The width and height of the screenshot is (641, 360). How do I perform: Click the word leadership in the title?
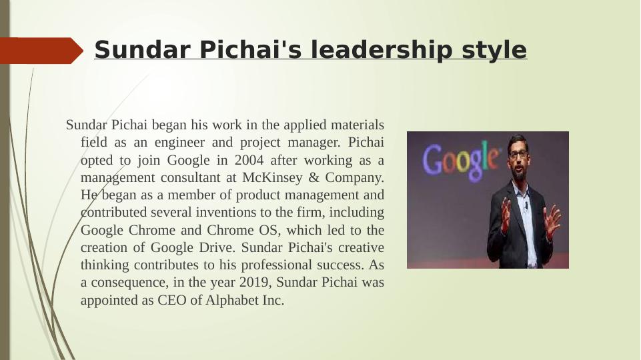point(381,50)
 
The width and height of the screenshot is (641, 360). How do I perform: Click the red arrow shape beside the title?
point(41,51)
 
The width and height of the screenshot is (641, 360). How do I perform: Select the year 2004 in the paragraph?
point(249,160)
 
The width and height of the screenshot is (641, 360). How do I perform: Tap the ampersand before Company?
point(313,177)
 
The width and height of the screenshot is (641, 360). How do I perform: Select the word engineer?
point(179,143)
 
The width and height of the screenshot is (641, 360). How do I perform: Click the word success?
point(340,265)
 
